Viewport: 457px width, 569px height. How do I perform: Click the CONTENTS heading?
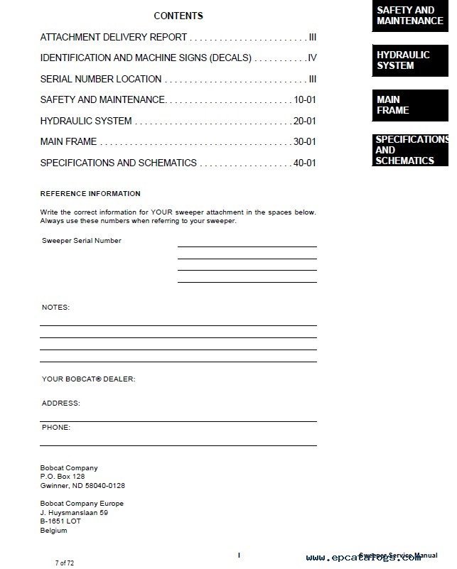click(x=178, y=16)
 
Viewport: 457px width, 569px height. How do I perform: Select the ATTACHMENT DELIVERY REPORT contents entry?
click(x=114, y=37)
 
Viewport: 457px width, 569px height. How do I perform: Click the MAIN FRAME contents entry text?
click(x=68, y=142)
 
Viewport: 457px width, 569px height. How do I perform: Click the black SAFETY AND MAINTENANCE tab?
click(x=410, y=16)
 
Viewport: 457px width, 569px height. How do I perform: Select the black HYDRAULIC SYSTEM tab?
click(x=410, y=60)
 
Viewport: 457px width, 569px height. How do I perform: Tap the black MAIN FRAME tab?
click(x=410, y=105)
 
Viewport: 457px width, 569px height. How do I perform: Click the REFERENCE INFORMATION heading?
click(x=90, y=193)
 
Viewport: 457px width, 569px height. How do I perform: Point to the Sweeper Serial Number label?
click(x=82, y=241)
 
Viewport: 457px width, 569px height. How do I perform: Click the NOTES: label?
click(x=55, y=308)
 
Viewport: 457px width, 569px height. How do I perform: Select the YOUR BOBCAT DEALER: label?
click(x=88, y=379)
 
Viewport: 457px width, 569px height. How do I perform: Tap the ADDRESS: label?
click(x=61, y=403)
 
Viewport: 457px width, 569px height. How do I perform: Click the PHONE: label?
click(x=56, y=428)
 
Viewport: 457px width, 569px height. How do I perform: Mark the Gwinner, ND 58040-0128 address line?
click(x=82, y=486)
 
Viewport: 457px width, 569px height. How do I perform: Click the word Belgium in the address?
click(x=54, y=530)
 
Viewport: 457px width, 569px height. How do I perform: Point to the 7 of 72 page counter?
click(x=65, y=563)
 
